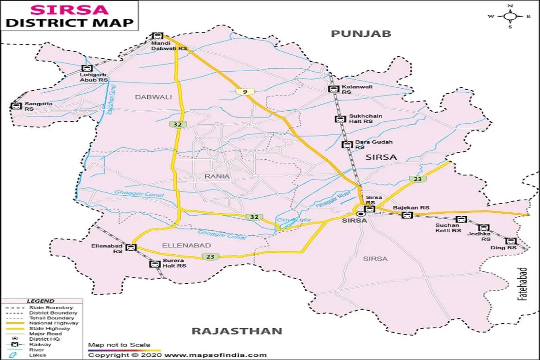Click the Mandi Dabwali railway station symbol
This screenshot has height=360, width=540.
click(157, 36)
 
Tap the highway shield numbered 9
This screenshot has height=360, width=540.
click(245, 92)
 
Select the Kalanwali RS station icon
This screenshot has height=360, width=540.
click(332, 89)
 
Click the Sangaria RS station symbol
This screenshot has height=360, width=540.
click(16, 106)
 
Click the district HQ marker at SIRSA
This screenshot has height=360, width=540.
click(361, 214)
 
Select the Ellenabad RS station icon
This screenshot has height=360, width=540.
click(132, 247)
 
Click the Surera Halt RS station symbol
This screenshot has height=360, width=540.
click(154, 264)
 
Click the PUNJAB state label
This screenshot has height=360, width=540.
click(361, 33)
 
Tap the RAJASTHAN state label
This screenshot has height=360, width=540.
click(236, 331)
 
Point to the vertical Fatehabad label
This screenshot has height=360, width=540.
click(522, 284)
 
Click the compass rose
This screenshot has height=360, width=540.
click(510, 16)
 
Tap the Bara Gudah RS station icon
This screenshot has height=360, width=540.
click(346, 144)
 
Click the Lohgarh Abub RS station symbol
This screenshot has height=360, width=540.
click(86, 68)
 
